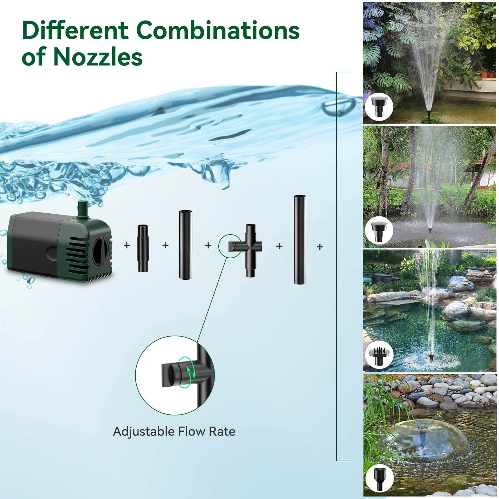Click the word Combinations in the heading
pos(217,31)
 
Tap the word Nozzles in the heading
pos(98,57)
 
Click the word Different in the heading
pos(75,31)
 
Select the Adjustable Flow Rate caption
pos(174,431)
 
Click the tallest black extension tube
pos(299,240)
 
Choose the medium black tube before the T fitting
pos(185,245)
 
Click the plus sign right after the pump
pos(127,245)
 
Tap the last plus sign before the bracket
pos(320,247)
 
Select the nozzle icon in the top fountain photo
pos(379,108)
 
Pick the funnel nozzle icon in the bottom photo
pos(379,478)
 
